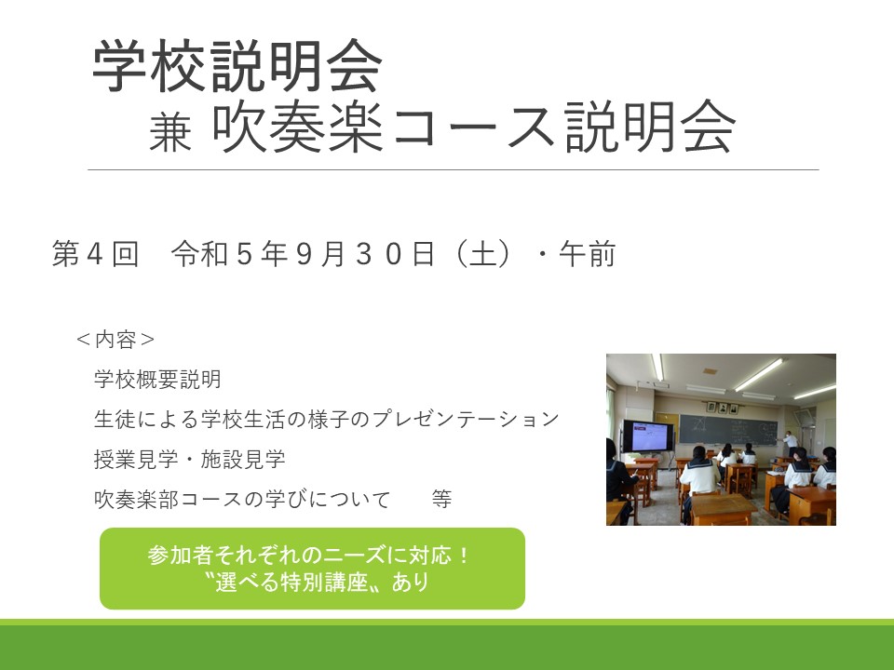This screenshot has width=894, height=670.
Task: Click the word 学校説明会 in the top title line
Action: coord(237,65)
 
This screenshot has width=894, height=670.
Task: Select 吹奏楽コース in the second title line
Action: coord(383,127)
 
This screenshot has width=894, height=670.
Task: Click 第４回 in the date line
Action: coord(95,253)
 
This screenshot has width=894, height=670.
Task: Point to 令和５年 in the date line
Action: coord(229,253)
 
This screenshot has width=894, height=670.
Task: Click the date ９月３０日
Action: coord(365,253)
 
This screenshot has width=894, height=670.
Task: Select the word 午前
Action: coord(588,253)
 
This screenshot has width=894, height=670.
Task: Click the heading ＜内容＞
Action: coord(115,340)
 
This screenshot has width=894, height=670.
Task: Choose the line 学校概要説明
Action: coord(157,380)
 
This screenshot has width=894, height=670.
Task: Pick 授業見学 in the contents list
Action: coord(136,459)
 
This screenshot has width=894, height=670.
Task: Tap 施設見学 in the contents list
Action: coord(243,459)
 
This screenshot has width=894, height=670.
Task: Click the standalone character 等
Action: coord(441,499)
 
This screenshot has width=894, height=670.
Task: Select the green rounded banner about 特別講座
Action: coord(313,569)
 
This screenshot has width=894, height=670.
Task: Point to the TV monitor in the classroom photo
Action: coord(647,435)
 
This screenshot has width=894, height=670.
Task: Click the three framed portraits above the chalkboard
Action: coord(722,408)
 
